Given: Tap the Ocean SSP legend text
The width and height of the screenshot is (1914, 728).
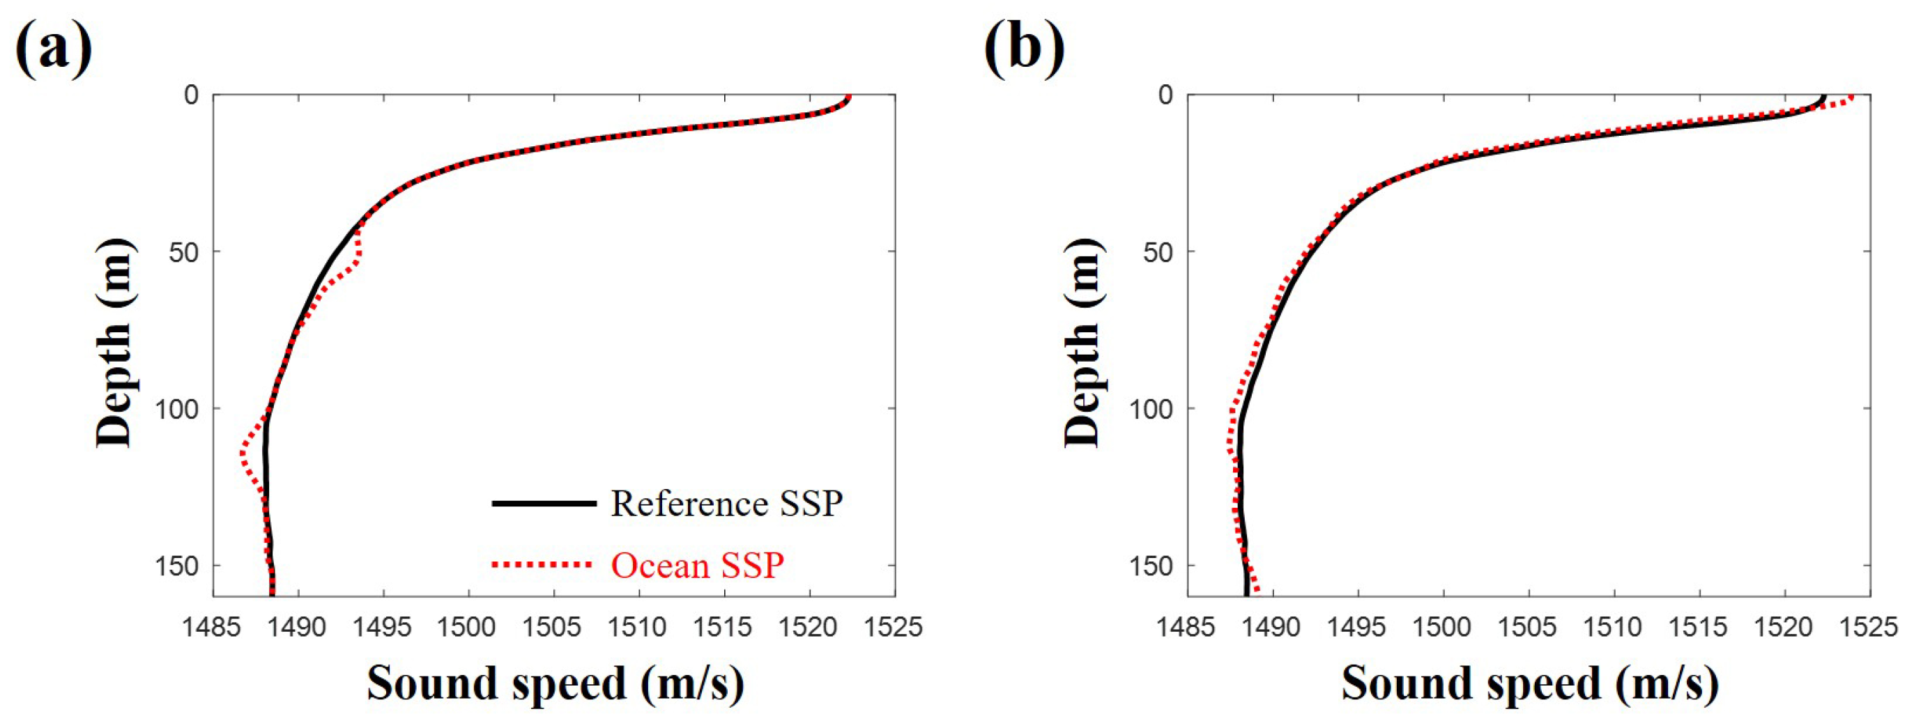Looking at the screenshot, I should [697, 566].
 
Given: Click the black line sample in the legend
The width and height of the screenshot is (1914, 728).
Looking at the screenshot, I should [544, 504].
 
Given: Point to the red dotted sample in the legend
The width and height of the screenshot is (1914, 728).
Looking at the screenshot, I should [542, 565].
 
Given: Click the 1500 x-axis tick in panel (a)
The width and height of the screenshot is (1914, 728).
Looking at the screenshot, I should [468, 628].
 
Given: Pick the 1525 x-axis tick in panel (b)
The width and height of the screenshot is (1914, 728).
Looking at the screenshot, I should [1870, 628].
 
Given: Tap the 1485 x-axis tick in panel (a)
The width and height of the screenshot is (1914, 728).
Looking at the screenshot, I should [213, 628].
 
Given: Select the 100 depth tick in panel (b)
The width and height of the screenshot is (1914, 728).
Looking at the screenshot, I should [1151, 408].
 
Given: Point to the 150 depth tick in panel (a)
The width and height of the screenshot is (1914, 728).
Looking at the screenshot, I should [177, 566].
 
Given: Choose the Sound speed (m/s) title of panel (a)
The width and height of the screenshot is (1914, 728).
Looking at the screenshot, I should [555, 683].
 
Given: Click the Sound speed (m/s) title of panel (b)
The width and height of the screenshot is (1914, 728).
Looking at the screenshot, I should [1529, 683].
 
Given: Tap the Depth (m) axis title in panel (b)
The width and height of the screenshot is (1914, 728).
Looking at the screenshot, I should [1082, 343].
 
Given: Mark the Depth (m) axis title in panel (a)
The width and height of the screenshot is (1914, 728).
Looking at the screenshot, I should [114, 343].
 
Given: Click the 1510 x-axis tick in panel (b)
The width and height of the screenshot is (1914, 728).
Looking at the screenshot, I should [1614, 628].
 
